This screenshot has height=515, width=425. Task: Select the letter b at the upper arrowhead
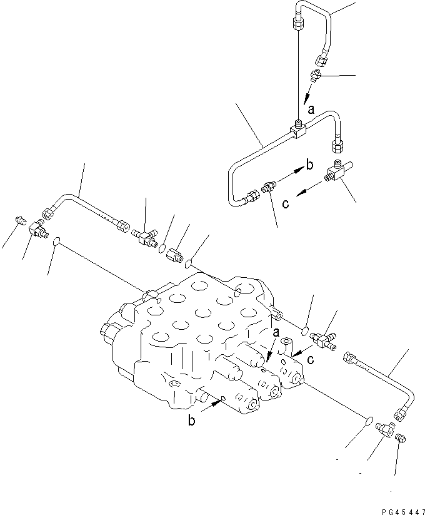click(x=308, y=166)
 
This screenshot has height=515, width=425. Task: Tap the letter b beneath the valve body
click(x=192, y=421)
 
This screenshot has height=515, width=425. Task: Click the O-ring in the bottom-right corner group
click(x=368, y=421)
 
